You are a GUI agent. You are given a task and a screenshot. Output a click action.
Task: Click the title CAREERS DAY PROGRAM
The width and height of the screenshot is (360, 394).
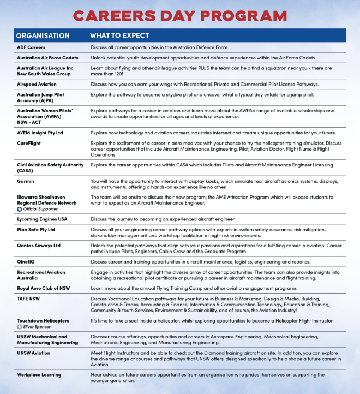180,15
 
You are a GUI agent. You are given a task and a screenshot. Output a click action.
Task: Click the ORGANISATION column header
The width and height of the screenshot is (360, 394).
43,36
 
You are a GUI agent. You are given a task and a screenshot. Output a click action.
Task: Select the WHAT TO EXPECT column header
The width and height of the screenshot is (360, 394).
119,36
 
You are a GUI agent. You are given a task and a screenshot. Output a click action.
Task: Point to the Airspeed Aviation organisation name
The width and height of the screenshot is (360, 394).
37,85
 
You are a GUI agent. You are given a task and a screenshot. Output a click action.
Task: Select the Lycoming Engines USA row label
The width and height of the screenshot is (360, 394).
43,219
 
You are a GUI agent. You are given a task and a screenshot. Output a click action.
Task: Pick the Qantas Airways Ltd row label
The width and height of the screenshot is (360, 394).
39,246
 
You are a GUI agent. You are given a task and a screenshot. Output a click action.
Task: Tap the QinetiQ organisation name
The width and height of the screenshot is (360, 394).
27,262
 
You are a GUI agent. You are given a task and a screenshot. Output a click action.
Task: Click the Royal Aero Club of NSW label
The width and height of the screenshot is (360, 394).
44,288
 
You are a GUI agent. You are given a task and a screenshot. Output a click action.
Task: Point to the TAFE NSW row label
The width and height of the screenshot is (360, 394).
29,298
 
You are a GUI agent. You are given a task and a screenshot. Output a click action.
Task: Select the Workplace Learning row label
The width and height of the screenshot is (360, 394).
39,375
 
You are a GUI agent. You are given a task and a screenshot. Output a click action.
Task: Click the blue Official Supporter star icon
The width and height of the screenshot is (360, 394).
20,209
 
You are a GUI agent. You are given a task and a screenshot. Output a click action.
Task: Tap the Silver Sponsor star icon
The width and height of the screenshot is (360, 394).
20,327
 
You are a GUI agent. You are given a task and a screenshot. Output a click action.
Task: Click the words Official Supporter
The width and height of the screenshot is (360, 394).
41,209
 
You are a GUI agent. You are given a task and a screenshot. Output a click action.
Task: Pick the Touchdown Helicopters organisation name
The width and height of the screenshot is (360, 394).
43,321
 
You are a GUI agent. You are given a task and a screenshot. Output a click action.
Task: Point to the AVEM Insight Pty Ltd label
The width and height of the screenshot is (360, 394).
40,133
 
